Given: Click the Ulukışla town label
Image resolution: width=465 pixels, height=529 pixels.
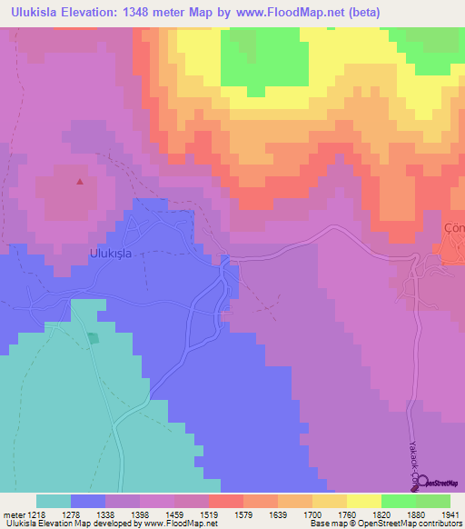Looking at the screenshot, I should [x=111, y=255].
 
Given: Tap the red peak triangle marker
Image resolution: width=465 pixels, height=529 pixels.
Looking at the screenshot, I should [x=80, y=182].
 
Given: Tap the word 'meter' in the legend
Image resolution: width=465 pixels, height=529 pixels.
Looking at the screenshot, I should [x=9, y=514].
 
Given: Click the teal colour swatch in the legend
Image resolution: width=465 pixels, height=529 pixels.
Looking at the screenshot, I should [x=54, y=501].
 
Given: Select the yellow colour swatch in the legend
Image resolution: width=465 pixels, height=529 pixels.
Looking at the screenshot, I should [x=363, y=501].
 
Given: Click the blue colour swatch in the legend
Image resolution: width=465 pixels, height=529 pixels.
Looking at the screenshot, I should [x=88, y=501].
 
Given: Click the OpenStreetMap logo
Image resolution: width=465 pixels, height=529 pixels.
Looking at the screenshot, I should [x=439, y=483].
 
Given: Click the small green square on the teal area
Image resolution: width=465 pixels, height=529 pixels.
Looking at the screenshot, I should [x=92, y=338].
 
